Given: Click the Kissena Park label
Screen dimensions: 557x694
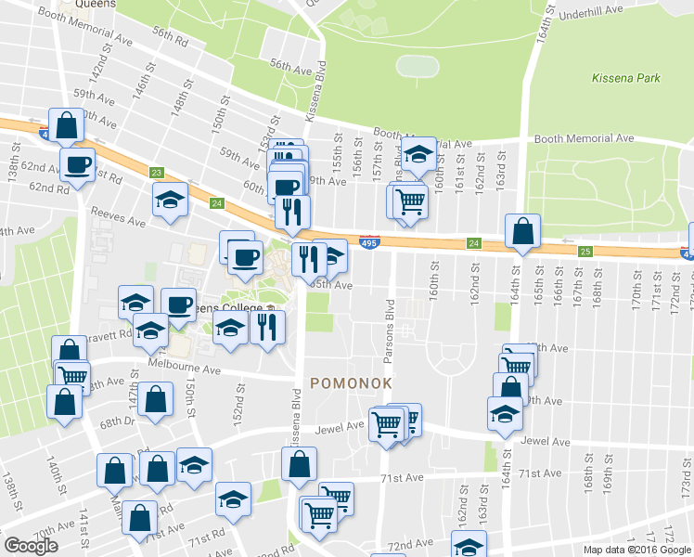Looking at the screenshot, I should (626, 78).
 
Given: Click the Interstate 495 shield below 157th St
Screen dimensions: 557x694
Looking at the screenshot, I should (368, 241).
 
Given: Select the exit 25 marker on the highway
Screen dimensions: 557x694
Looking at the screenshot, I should (585, 252).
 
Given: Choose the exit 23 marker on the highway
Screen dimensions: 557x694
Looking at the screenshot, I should (156, 173).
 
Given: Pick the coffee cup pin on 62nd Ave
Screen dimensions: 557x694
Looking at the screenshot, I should (78, 164).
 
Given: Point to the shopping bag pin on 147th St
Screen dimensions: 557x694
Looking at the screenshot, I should (159, 400).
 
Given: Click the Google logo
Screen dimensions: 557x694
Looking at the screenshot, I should (31, 546).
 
